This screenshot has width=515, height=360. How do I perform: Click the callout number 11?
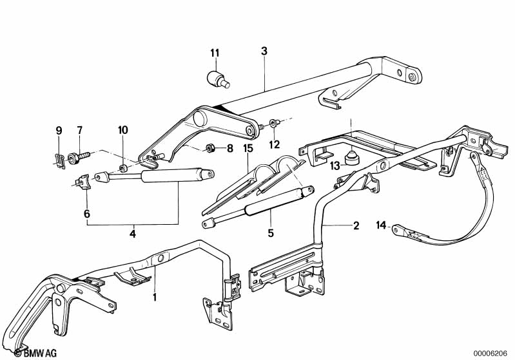(215, 53)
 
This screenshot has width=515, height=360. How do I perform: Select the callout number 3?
(264, 51)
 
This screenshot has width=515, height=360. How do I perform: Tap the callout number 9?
(59, 131)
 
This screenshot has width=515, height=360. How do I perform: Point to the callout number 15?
(248, 148)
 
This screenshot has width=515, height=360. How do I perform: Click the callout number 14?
(381, 225)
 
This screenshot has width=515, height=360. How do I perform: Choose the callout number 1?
(155, 298)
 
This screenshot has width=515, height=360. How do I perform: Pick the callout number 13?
(335, 166)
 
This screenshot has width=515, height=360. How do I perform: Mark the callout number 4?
(133, 234)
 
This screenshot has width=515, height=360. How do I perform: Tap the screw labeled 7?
(78, 157)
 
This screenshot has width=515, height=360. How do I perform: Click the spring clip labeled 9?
(59, 161)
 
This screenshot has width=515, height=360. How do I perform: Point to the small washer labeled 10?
(123, 169)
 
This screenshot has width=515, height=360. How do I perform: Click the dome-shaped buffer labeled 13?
(352, 157)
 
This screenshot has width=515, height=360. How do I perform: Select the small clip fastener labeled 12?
(273, 124)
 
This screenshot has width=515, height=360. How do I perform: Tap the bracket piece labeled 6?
(83, 182)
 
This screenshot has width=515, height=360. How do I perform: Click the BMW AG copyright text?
(35, 353)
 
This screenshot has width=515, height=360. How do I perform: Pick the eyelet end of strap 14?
(397, 229)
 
